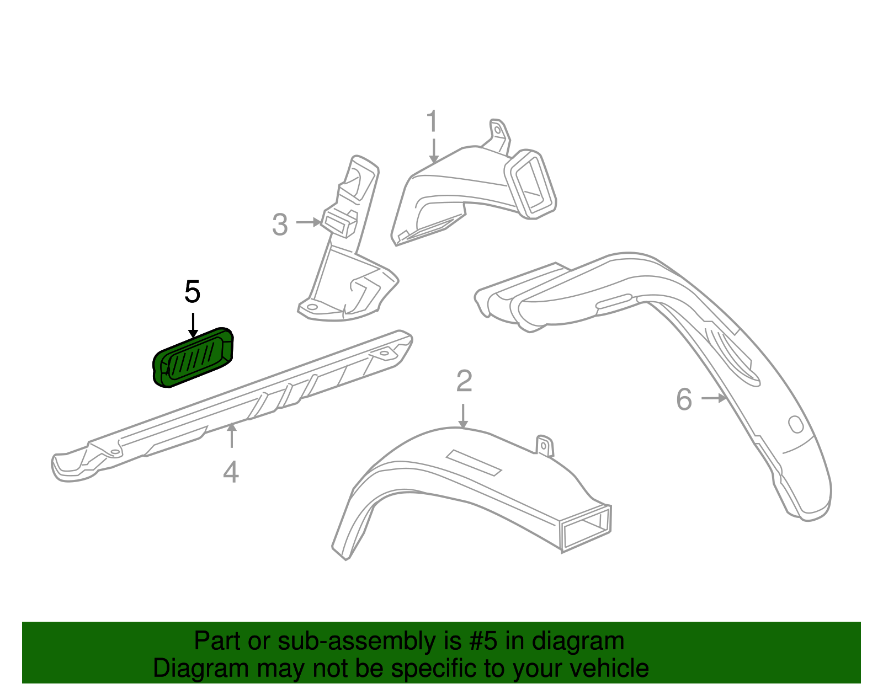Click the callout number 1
tap(432, 121)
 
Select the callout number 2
tap(464, 381)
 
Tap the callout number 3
tap(280, 225)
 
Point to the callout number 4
tap(231, 472)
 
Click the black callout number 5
tap(192, 291)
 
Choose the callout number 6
tap(684, 399)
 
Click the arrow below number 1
tap(434, 151)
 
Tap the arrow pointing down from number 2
tap(463, 416)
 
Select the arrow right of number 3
tap(309, 222)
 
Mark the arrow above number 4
tap(232, 435)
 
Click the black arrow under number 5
tap(193, 325)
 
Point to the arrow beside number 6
tap(714, 398)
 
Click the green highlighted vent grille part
tap(193, 357)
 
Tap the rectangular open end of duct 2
tap(586, 528)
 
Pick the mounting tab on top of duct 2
tap(545, 446)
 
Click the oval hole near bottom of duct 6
tap(796, 424)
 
